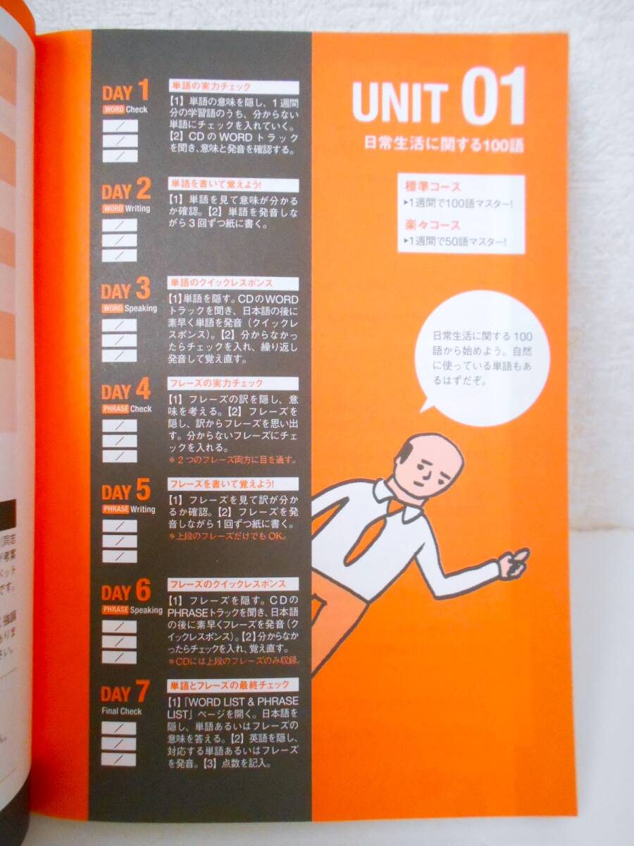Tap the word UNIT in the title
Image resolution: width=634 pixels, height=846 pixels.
(400, 103)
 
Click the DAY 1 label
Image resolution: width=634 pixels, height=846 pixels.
(125, 92)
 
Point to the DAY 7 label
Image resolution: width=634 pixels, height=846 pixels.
(125, 694)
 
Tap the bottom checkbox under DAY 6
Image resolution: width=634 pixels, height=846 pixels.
(119, 657)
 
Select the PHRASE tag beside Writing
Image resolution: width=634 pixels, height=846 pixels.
(116, 509)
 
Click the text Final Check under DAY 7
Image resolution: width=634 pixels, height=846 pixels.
(121, 711)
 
